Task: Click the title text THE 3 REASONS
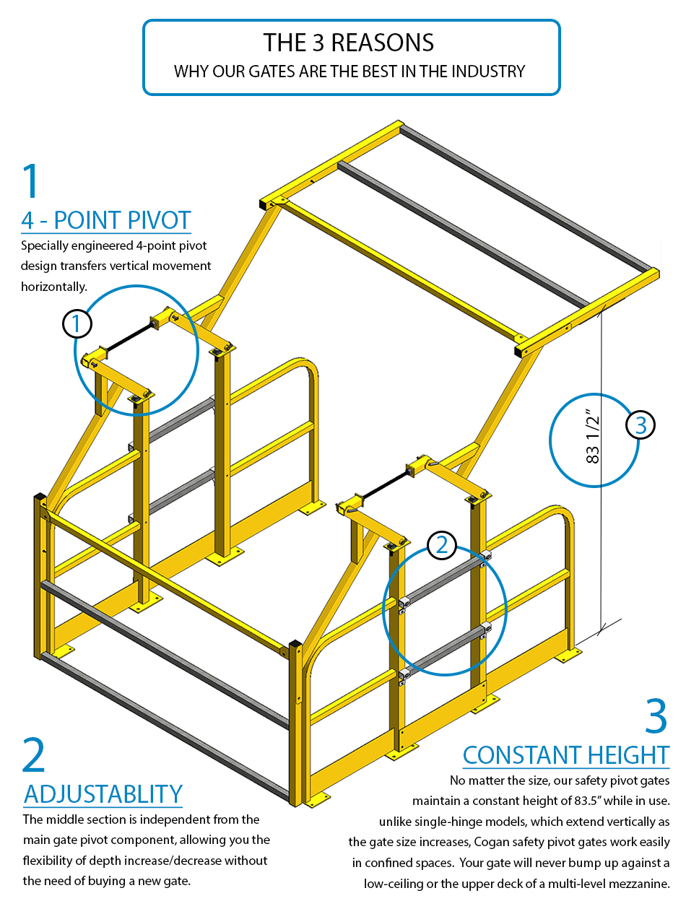[x=348, y=43]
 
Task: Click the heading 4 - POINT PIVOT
[x=106, y=220]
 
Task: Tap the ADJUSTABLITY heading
[x=103, y=793]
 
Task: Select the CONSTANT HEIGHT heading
[x=566, y=755]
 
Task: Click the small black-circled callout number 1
[x=77, y=323]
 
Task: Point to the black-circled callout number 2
[x=441, y=545]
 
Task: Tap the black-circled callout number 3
[x=641, y=425]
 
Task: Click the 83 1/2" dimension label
[x=592, y=439]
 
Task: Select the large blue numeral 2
[x=34, y=755]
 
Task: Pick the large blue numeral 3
[x=656, y=715]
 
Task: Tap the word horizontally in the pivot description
[x=54, y=287]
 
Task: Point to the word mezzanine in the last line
[x=638, y=883]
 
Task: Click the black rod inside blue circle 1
[x=129, y=339]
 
